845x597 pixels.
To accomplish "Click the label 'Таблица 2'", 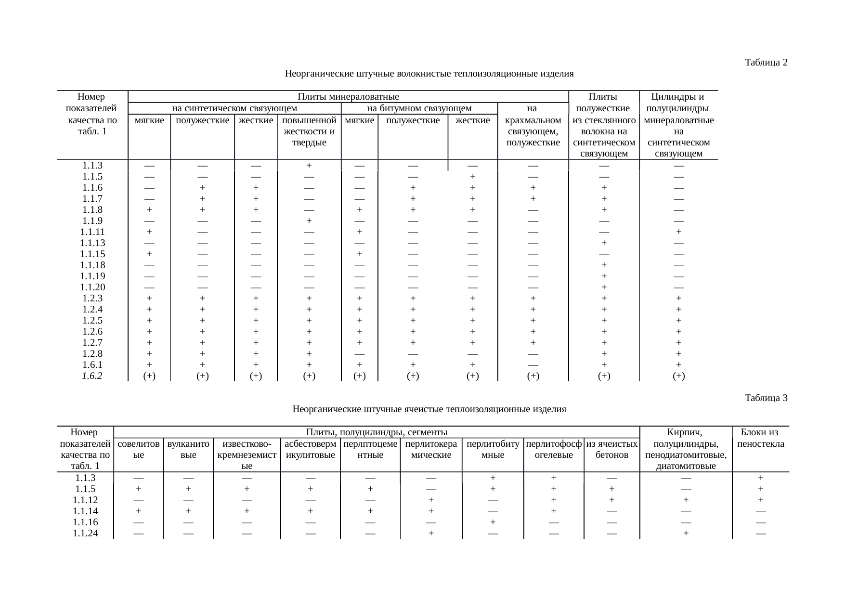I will pos(766,62).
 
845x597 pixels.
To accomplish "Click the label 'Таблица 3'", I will pos(766,398).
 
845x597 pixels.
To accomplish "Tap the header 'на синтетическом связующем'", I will pos(234,108).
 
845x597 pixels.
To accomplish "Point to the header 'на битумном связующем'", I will pos(419,108).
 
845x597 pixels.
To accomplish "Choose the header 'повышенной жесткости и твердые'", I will pos(309,131).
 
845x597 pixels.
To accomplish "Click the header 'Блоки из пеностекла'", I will pos(760,438).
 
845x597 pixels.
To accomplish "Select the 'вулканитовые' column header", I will pos(188,449).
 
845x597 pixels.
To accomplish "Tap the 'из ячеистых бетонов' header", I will pos(611,449).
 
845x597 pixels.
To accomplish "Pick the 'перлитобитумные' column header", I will pos(493,449).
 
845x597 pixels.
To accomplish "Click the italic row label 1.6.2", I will pos(92,376).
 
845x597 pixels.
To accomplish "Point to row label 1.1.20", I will pos(92,287).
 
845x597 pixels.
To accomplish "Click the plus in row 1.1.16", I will pos(493,522).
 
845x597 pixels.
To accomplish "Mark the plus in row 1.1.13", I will pos(604,243).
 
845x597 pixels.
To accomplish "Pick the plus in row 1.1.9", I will pos(309,221).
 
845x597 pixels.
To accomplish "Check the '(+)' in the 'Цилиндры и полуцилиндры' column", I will pos(678,376).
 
